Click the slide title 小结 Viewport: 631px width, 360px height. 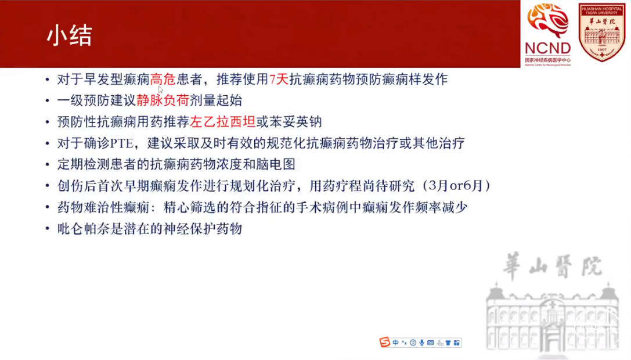coord(69,35)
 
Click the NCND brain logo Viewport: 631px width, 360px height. coord(547,34)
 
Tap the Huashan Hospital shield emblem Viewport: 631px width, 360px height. coord(601,32)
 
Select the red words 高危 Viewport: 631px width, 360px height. coord(163,80)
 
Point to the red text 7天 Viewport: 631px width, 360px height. coord(279,80)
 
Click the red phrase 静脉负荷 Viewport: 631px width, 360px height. coord(163,100)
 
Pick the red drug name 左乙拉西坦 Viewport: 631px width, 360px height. coord(222,121)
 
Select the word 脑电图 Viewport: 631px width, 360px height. coord(276,164)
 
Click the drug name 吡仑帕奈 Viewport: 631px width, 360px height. coord(84,229)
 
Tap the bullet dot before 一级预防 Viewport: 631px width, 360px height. coord(48,100)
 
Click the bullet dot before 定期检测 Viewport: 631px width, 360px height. coord(48,165)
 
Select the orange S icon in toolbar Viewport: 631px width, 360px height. coord(385,342)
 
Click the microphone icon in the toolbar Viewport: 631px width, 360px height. coord(421,343)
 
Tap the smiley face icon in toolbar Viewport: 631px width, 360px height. coord(413,343)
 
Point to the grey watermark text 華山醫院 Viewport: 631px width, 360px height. coord(553,266)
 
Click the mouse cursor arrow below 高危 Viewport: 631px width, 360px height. coord(161,89)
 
